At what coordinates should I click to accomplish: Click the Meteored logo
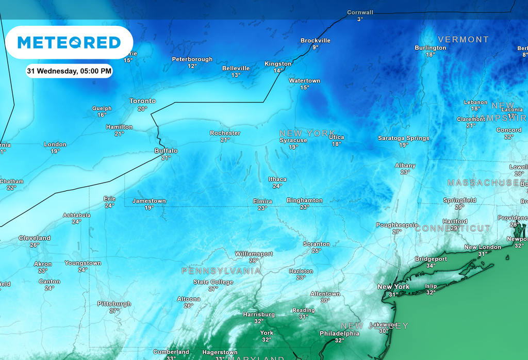coord(69,42)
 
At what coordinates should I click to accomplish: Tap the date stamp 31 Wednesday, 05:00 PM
coord(69,71)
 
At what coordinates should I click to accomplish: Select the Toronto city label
coord(142,101)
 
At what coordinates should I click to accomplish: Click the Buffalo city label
coord(166,151)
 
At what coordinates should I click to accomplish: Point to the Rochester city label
coord(225,133)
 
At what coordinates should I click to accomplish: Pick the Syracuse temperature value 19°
coord(293,147)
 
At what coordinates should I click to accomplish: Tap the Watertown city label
coord(304,81)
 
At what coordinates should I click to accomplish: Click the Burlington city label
coord(430,48)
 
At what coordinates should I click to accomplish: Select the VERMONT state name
coord(463,39)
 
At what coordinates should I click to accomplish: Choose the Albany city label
coord(405,166)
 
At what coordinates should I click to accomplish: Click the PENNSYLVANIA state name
coord(221,271)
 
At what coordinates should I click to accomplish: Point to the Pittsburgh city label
coord(114,304)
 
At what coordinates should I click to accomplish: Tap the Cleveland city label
coord(35,238)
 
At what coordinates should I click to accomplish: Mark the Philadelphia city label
coord(339,333)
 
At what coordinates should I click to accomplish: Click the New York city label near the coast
coord(393,287)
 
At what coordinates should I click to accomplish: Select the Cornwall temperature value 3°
coord(360,19)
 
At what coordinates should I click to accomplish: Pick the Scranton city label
coord(316,244)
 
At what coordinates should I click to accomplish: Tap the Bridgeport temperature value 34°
coord(431,266)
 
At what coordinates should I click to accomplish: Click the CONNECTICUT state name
coord(453,228)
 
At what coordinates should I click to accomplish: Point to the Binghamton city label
coord(304,200)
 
